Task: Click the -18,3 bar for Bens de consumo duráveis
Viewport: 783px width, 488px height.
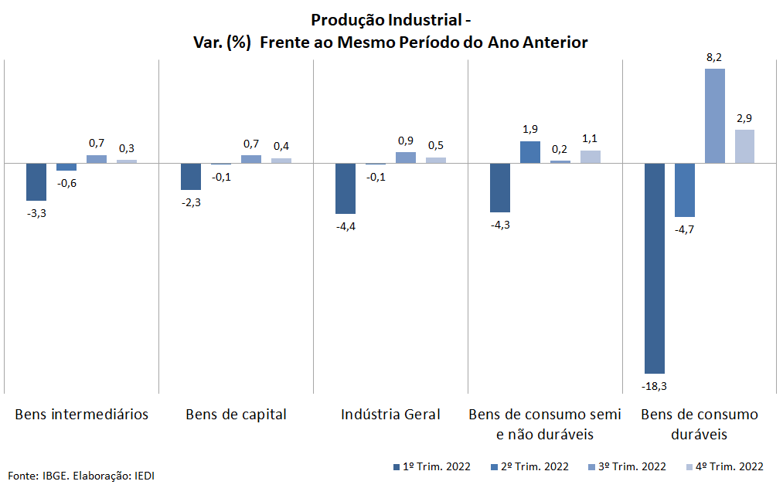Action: (655, 268)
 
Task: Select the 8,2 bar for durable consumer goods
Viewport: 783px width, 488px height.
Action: (715, 116)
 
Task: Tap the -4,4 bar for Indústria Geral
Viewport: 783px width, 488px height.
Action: (346, 188)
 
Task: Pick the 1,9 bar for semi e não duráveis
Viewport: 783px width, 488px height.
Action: (530, 152)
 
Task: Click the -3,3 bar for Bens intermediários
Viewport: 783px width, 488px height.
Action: (36, 181)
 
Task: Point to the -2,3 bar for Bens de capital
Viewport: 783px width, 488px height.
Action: (191, 176)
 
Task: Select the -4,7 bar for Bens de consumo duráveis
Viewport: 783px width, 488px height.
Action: (685, 190)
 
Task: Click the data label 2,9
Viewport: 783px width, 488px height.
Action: (744, 118)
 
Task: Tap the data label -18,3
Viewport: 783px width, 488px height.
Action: (655, 385)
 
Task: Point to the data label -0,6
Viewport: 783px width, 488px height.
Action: (66, 183)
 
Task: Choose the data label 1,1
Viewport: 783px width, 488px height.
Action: (590, 139)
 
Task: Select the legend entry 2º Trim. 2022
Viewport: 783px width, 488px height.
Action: (529, 466)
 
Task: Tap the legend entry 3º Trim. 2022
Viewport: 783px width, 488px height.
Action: (627, 466)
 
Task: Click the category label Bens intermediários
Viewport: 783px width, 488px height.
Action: (82, 415)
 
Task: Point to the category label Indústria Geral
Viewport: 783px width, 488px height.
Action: (390, 415)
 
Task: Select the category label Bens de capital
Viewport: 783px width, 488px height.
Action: (236, 415)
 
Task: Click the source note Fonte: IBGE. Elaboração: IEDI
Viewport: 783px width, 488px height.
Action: (81, 475)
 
